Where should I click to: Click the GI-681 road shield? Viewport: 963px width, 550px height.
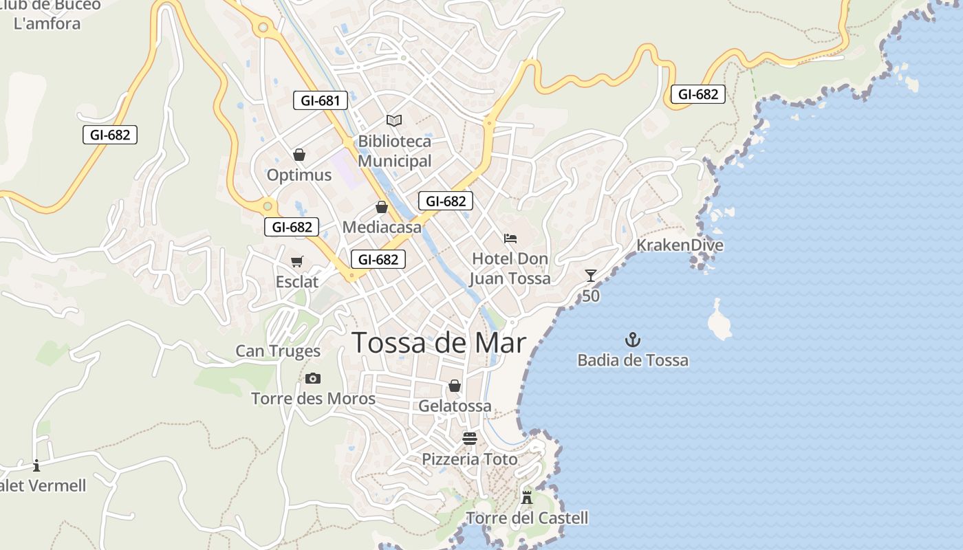(321, 100)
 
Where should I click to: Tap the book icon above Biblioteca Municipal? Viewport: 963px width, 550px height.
(394, 121)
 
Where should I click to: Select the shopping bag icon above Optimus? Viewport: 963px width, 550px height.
(299, 155)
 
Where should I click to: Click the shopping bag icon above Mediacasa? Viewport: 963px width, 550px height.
(382, 207)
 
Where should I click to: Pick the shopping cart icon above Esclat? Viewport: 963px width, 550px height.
(297, 261)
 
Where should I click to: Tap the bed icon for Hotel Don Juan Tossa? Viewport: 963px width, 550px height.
(510, 239)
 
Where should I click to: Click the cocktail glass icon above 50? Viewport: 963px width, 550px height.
(590, 276)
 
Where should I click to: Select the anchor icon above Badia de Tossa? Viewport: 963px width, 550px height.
(632, 339)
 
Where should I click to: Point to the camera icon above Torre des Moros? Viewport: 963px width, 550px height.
(313, 378)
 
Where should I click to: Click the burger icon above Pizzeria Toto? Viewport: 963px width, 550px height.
(470, 439)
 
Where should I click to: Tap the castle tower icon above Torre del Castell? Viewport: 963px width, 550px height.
(527, 497)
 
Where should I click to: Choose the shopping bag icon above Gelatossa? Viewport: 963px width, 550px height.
(455, 386)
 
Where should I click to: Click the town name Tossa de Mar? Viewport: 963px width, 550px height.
(440, 342)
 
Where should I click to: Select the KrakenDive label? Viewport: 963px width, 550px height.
(680, 245)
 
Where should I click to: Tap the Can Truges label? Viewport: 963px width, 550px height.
(278, 351)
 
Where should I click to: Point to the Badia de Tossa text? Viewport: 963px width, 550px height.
(633, 360)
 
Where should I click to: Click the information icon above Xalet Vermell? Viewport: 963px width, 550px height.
(36, 465)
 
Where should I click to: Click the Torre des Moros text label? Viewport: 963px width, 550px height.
(313, 399)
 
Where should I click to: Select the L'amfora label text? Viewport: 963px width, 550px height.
(47, 23)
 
